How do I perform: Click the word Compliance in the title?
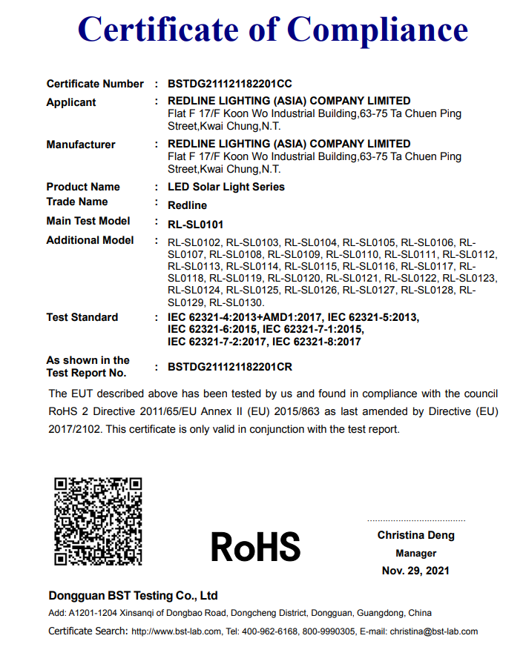click(x=378, y=29)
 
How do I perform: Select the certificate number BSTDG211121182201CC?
click(x=230, y=84)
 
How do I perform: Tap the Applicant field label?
click(x=71, y=102)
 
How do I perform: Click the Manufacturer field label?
click(x=81, y=145)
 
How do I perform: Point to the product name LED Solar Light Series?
click(x=226, y=187)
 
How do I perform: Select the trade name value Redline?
click(x=187, y=205)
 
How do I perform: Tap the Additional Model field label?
click(x=90, y=240)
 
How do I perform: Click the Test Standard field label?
click(x=82, y=317)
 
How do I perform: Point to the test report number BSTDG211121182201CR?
click(x=230, y=367)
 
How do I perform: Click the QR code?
click(x=98, y=521)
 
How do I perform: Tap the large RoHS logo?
click(x=255, y=546)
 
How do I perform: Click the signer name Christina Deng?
click(x=415, y=535)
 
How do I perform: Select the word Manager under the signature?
click(x=415, y=553)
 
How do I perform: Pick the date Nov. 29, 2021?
click(x=415, y=571)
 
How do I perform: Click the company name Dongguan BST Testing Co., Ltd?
click(x=133, y=596)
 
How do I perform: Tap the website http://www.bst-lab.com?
click(x=176, y=631)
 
